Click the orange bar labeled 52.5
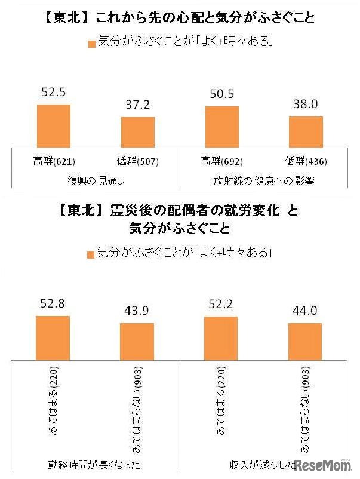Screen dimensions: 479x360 [54, 125]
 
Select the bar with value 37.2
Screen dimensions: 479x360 [138, 131]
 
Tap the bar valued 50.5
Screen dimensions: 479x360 [222, 126]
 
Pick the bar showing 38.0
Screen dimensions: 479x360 [306, 131]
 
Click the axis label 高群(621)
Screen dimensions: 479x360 [54, 161]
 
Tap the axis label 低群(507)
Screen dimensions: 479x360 [138, 161]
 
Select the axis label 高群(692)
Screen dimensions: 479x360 [222, 161]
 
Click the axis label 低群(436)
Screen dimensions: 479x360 [306, 161]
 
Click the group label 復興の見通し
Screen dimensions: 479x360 [96, 180]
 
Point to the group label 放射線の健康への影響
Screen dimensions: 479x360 [264, 180]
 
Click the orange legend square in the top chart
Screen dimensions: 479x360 [91, 44]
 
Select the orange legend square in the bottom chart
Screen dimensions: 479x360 [90, 254]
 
